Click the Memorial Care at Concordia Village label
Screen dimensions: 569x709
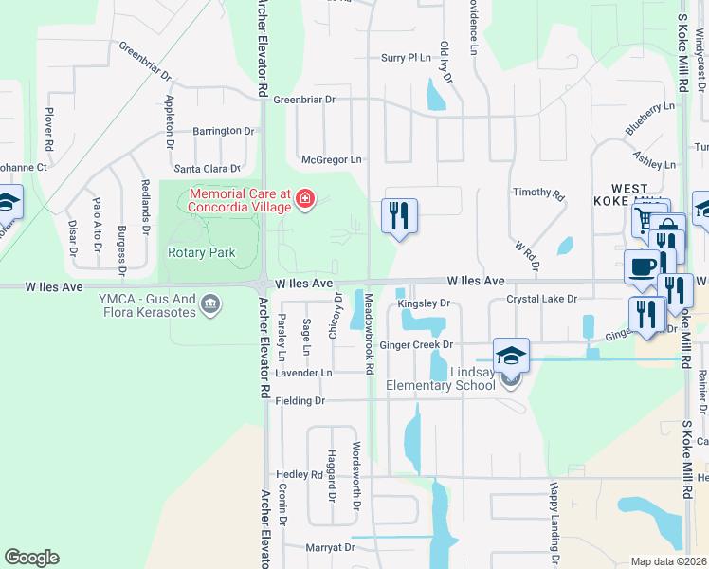tap(241, 199)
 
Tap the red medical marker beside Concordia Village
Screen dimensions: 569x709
tap(305, 199)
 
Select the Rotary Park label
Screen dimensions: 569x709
tap(201, 252)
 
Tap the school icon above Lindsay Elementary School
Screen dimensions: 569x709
tap(511, 355)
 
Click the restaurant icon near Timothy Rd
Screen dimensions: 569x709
tap(399, 215)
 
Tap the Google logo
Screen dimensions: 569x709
tap(31, 558)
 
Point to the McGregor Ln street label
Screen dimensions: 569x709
tap(331, 160)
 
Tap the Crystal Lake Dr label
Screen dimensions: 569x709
tap(541, 299)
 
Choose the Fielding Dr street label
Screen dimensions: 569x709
tap(300, 401)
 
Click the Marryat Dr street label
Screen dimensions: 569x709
tap(330, 547)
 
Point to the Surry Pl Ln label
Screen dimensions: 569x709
tap(406, 58)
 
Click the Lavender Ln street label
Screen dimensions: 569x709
tap(303, 373)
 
